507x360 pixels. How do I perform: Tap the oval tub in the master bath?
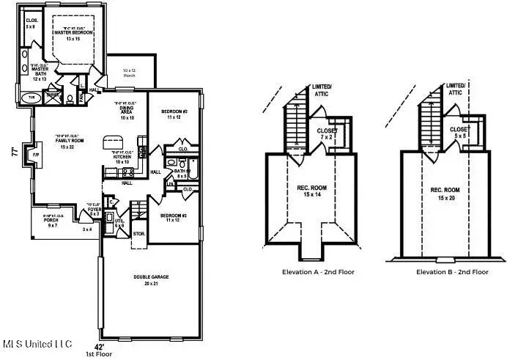tap(32, 97)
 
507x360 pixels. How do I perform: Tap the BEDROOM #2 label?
tap(174, 114)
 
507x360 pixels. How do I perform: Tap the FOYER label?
tap(94, 210)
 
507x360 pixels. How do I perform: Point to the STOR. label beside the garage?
tap(138, 234)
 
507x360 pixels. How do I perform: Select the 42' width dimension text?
tap(100, 345)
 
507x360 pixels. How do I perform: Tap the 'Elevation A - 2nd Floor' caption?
tap(319, 272)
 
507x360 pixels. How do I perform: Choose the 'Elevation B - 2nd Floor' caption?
tap(452, 272)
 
